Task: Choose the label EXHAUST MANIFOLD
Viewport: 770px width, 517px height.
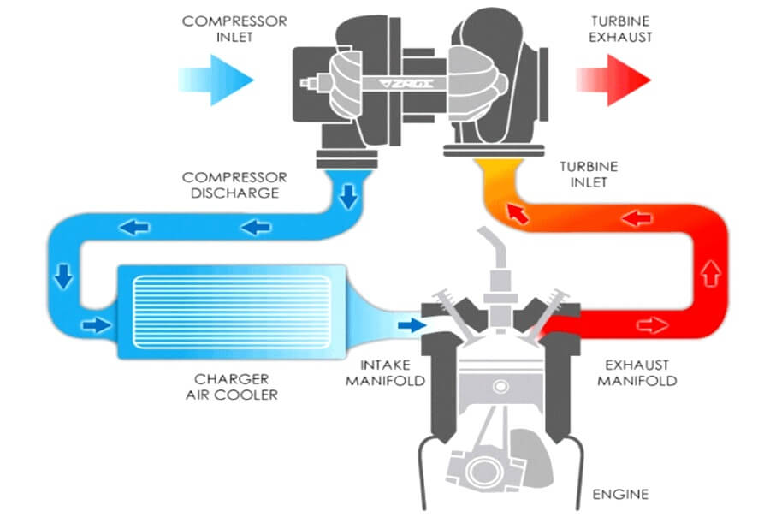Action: tap(637, 372)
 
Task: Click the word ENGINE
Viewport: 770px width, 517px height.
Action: tap(620, 494)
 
